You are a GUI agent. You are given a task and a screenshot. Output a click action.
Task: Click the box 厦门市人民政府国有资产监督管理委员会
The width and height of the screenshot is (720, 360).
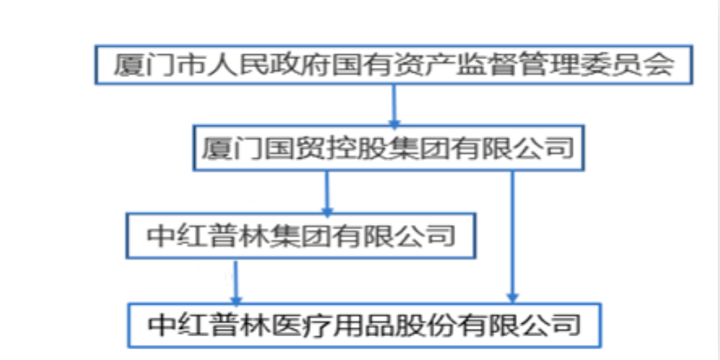[x=394, y=66]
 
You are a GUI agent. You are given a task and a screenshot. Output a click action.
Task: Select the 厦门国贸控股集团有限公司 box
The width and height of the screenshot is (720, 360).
[x=387, y=149]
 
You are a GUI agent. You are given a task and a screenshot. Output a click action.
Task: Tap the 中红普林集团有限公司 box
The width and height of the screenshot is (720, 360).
[x=301, y=236]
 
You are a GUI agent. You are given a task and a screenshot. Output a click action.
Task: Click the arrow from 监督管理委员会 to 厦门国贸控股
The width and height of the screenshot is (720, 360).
[x=394, y=105]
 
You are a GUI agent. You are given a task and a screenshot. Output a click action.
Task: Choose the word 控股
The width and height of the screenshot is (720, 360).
[x=356, y=149]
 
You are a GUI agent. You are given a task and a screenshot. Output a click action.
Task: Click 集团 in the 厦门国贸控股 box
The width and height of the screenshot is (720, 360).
[x=419, y=149]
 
